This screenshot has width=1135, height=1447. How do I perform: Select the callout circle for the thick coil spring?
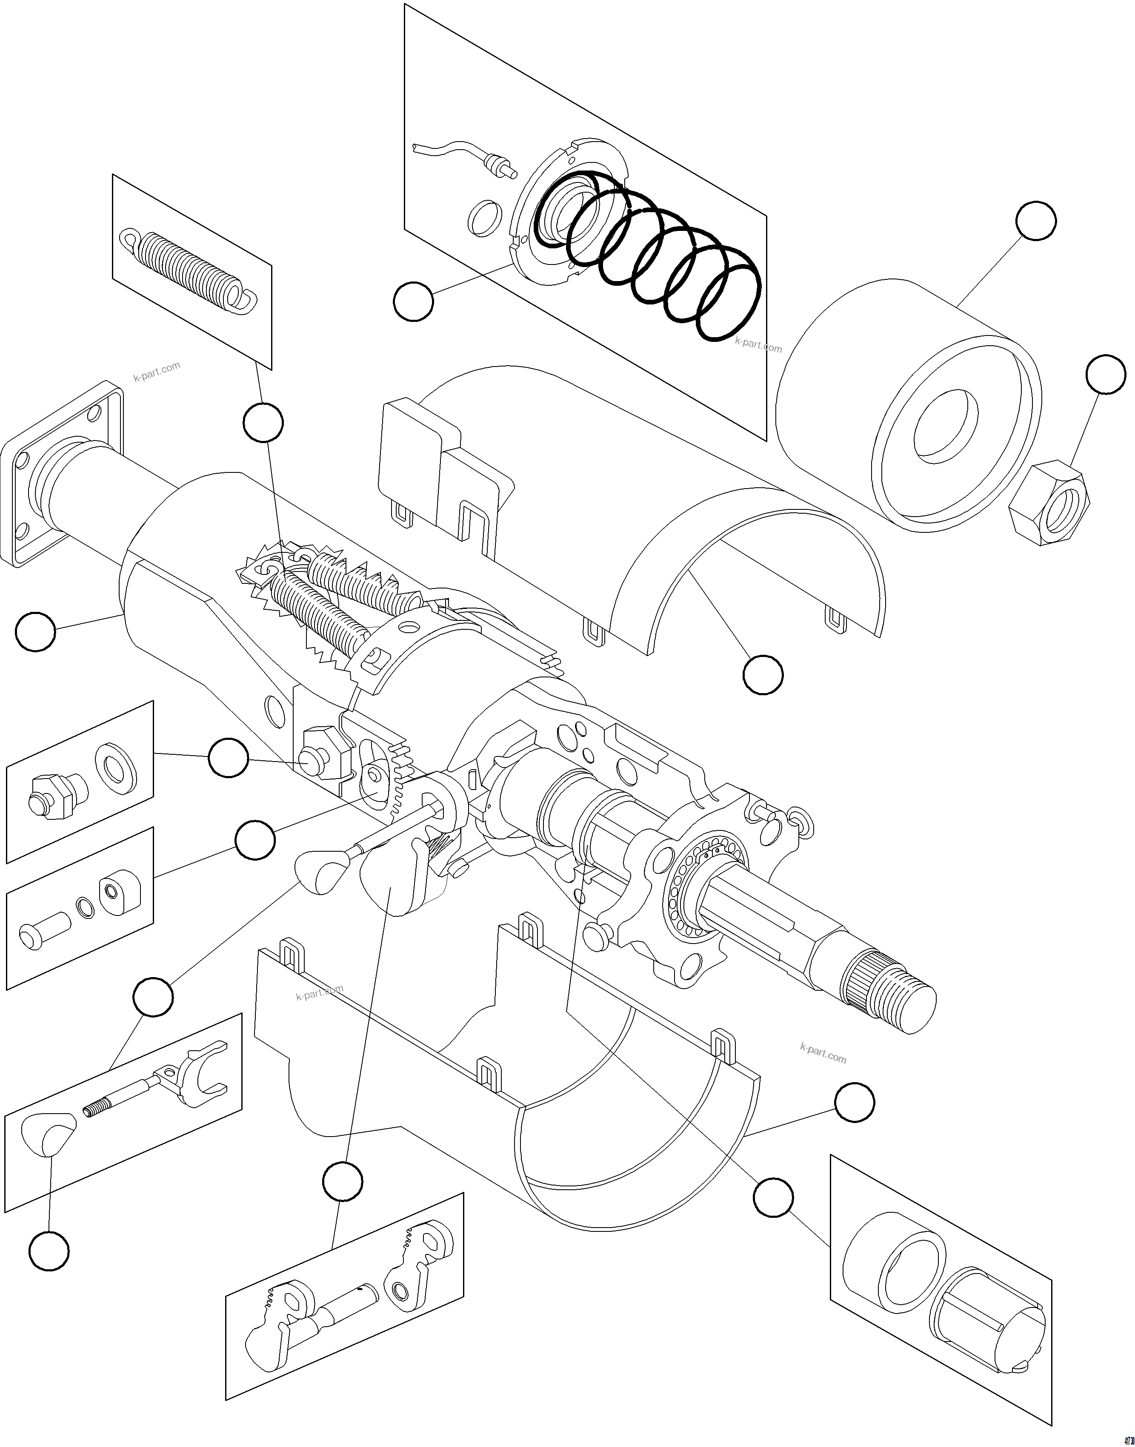[x=413, y=301]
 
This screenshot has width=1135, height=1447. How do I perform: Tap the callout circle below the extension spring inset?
[x=263, y=422]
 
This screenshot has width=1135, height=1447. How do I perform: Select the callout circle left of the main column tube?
[x=35, y=631]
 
